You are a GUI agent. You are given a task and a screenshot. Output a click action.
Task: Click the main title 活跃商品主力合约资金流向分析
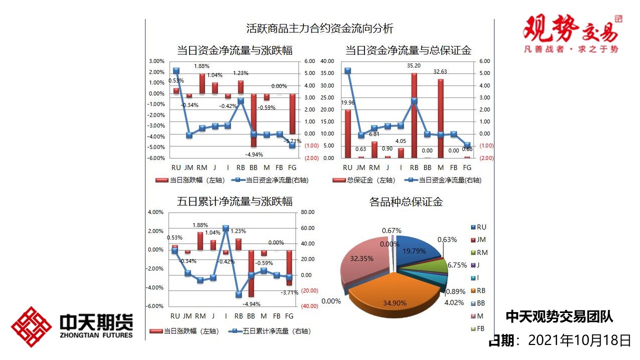click(320, 28)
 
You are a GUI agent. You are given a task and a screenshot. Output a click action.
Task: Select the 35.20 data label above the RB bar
click(413, 65)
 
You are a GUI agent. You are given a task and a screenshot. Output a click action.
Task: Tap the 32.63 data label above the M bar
click(440, 71)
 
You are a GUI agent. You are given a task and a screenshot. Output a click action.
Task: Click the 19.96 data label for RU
click(348, 103)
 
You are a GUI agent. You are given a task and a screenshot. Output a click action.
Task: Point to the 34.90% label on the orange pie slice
click(395, 302)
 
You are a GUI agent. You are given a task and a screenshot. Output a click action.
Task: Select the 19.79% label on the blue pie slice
click(413, 250)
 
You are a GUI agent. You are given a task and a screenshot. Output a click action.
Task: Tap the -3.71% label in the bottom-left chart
click(289, 292)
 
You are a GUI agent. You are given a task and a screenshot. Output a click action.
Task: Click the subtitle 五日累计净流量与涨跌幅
click(235, 201)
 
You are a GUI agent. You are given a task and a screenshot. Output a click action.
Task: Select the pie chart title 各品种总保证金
click(406, 202)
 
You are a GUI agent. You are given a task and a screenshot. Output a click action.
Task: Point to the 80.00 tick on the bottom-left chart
click(308, 212)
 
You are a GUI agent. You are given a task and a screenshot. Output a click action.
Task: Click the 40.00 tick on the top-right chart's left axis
click(327, 61)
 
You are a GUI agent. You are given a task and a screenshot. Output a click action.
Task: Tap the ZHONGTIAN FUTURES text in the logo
click(96, 334)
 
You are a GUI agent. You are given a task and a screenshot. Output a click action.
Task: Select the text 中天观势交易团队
click(559, 316)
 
